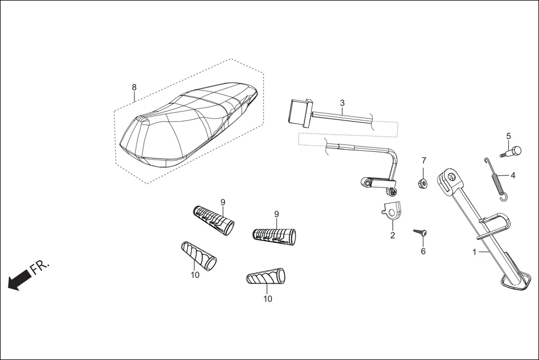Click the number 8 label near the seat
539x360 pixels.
click(x=134, y=87)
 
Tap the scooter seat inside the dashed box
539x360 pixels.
click(x=184, y=126)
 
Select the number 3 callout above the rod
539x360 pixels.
click(x=342, y=103)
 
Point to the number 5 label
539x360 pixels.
click(x=508, y=136)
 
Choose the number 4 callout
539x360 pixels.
click(x=513, y=175)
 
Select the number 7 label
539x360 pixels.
click(x=423, y=161)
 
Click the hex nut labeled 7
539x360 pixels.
click(x=423, y=182)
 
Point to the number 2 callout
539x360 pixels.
click(x=392, y=235)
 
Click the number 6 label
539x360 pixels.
click(x=423, y=251)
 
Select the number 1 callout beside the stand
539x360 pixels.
click(x=474, y=252)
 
